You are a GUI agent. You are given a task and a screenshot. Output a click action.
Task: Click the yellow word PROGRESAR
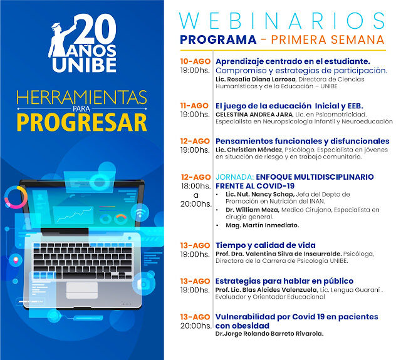tap(82, 123)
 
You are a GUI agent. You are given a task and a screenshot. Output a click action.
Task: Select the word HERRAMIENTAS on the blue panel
tap(82, 97)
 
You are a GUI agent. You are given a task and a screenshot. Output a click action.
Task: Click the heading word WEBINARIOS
tap(282, 21)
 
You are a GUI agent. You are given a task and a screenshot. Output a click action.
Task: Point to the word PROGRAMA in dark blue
tap(218, 39)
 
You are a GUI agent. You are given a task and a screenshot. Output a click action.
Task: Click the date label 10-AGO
tap(195, 61)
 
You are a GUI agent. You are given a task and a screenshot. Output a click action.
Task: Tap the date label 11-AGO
tap(194, 106)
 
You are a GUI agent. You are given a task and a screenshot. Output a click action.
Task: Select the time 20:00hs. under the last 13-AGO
tap(196, 326)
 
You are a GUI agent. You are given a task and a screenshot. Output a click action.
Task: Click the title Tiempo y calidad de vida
tap(266, 245)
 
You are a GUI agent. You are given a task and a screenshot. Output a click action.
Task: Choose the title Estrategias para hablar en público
tap(284, 281)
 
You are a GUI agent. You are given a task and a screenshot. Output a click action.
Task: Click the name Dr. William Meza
tap(252, 210)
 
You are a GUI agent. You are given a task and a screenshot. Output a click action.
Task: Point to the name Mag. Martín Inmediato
tap(263, 225)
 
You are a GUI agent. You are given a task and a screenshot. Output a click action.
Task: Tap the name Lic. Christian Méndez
tap(249, 150)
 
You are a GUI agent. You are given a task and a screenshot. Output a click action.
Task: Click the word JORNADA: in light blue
tap(234, 177)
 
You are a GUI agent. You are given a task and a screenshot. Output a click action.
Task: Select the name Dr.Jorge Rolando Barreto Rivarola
tap(269, 334)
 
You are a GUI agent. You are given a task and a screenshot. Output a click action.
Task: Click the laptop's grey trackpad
tap(82, 291)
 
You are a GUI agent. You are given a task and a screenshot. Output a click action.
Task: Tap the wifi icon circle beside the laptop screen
tap(140, 213)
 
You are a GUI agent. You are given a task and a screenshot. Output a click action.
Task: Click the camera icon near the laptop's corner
tap(143, 283)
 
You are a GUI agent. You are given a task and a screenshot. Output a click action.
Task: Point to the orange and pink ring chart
tap(16, 197)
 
